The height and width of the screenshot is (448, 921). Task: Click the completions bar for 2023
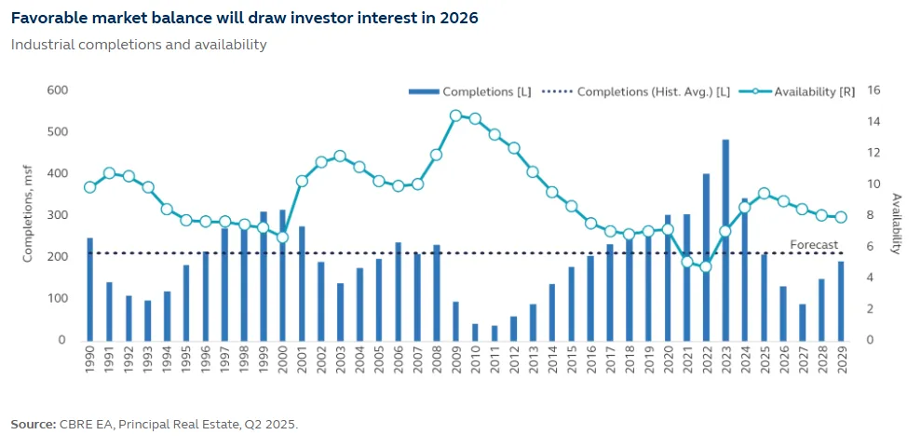coord(725,239)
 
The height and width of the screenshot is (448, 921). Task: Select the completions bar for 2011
coord(494,333)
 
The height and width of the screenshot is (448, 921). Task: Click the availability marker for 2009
coord(455,115)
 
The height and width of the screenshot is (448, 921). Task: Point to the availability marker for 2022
coord(706,266)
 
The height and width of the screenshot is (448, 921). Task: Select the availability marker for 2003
coord(340,156)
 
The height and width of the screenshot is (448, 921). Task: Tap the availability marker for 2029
coord(840,217)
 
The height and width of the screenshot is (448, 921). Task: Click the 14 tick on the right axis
coord(874,121)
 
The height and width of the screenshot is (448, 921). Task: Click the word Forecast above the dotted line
coord(814,245)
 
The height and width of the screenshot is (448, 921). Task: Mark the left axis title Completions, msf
coord(28,215)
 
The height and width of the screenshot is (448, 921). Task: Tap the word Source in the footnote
coord(33,424)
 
